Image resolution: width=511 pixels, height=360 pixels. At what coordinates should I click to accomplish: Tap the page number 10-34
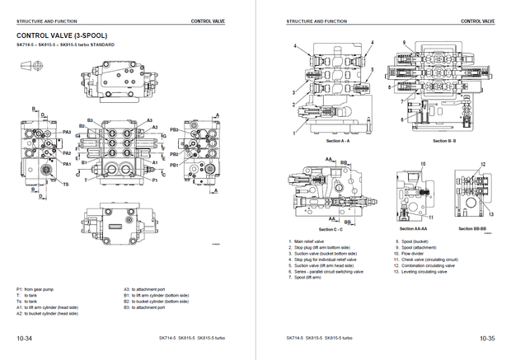pos(25,338)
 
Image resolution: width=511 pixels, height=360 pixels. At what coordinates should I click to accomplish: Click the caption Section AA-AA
pos(410,228)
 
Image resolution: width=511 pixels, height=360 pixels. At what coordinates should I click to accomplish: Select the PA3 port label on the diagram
pos(67,132)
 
